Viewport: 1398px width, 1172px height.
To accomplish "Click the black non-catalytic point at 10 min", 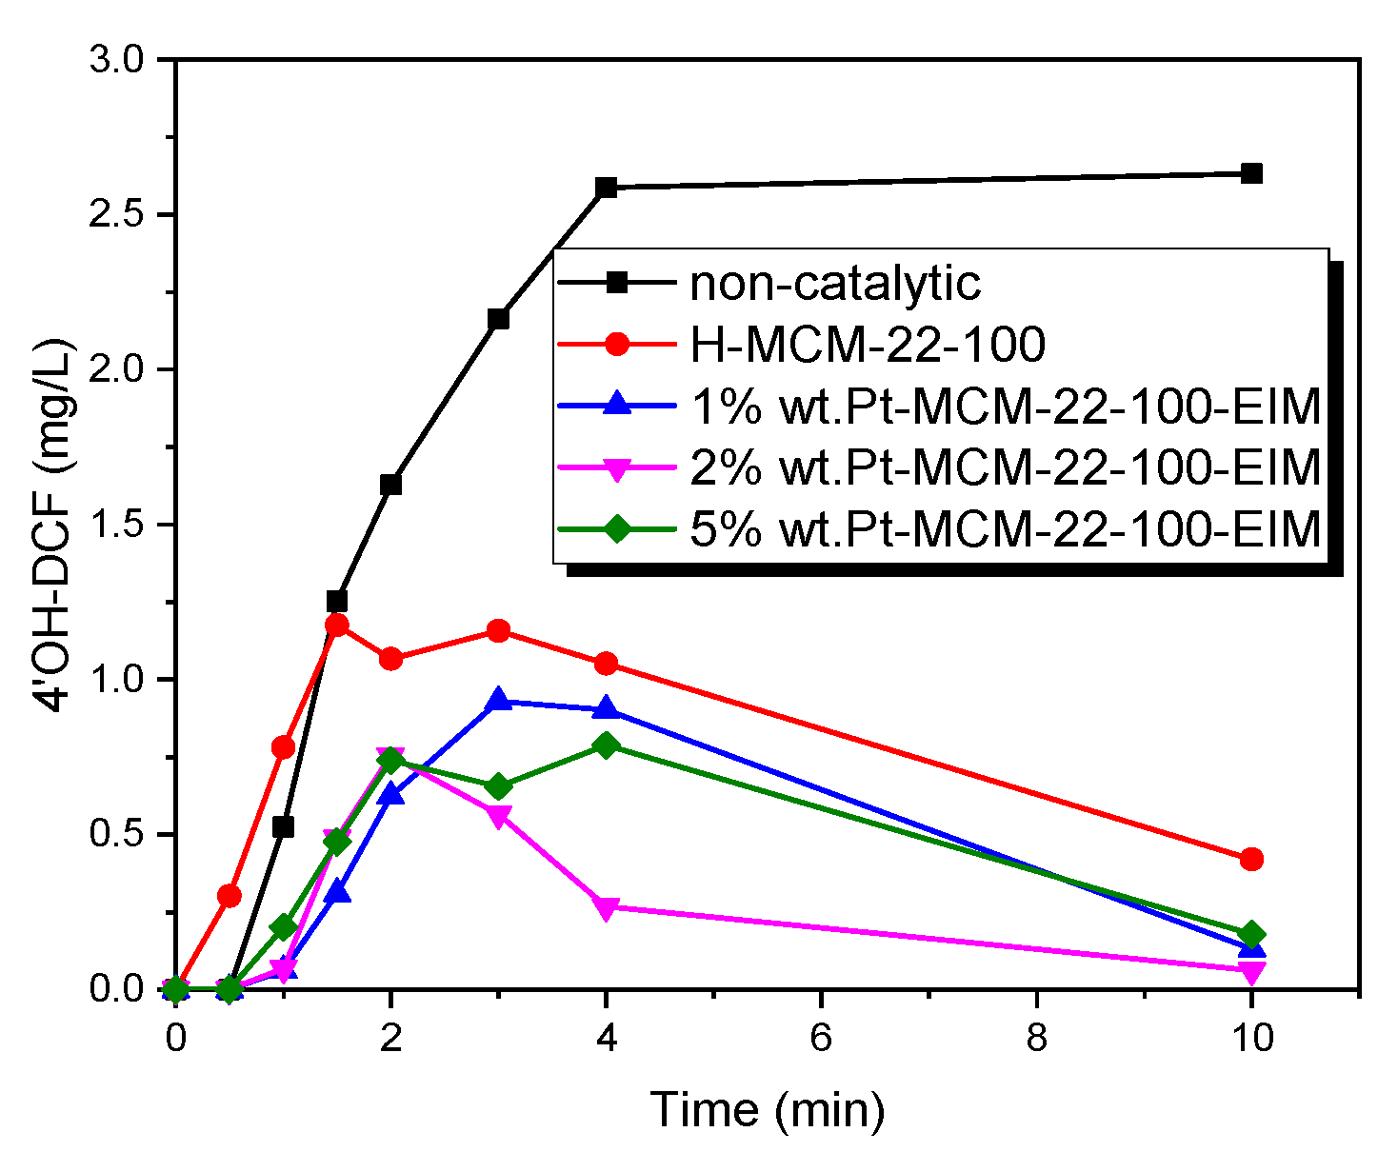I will (x=1251, y=173).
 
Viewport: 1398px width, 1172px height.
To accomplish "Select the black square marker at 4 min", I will (x=606, y=188).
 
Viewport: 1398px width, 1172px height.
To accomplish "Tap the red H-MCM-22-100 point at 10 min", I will (x=1251, y=859).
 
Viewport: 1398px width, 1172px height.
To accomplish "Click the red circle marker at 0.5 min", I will (x=230, y=896).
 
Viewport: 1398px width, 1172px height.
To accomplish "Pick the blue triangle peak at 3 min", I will (x=498, y=701).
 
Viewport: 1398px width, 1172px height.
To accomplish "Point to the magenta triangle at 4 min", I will (x=606, y=908).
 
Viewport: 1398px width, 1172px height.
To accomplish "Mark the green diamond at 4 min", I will (x=606, y=745).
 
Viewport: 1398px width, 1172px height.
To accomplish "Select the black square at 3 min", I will (x=498, y=319).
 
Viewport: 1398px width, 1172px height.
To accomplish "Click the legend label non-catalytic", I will (x=834, y=283).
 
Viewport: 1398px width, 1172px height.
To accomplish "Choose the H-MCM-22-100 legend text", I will (x=868, y=344).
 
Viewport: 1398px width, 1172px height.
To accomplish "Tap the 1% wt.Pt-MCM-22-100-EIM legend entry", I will (x=1006, y=406).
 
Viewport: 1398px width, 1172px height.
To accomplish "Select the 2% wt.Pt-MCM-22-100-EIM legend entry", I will (x=1006, y=467).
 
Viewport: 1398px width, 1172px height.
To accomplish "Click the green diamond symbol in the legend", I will (x=617, y=528).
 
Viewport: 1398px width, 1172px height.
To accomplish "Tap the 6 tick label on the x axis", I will (x=821, y=1038).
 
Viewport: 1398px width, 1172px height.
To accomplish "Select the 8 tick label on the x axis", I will (x=1036, y=1038).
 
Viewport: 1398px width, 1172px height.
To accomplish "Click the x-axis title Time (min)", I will (x=767, y=1110).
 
